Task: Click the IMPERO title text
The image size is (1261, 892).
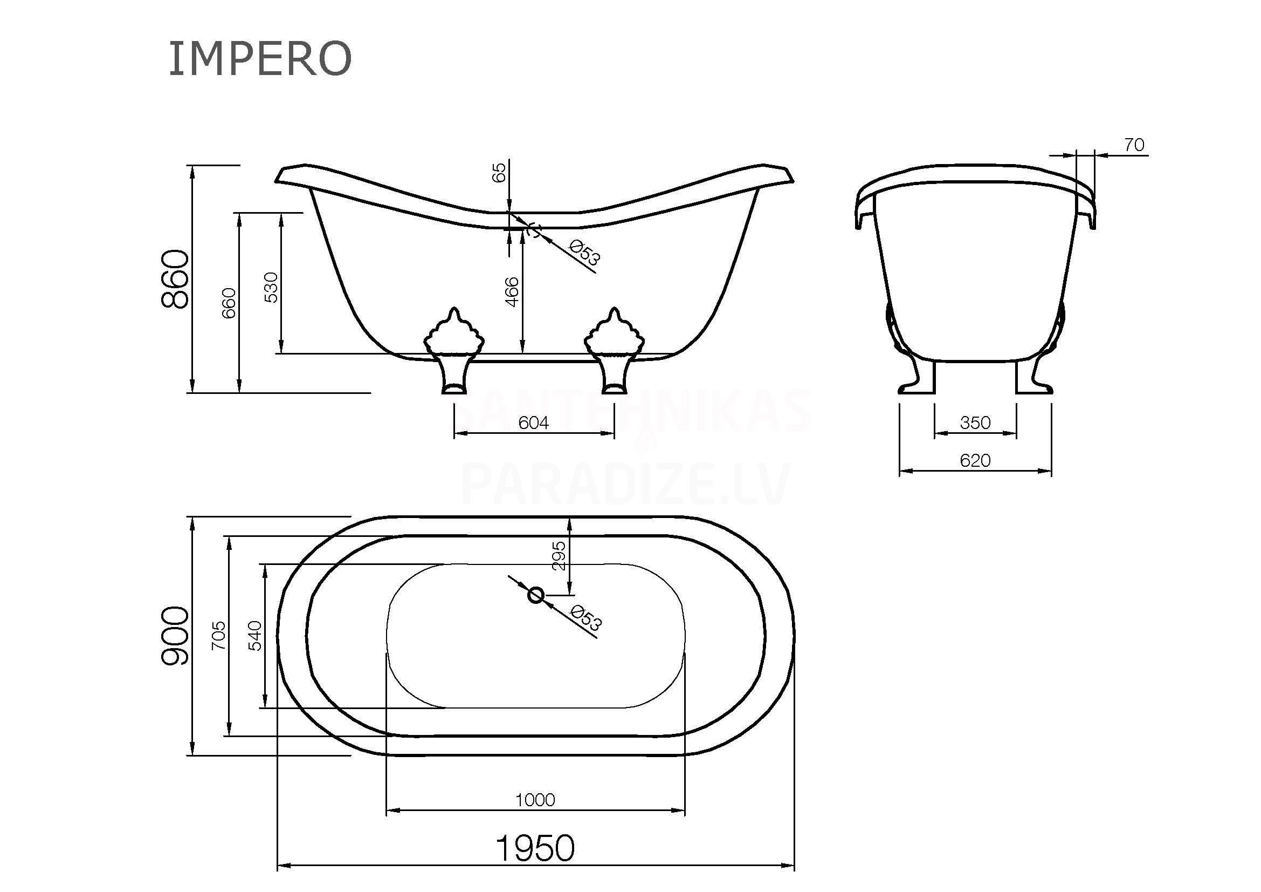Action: (x=260, y=58)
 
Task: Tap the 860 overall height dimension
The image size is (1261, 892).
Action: (x=176, y=278)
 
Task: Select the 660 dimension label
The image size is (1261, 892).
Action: (x=229, y=303)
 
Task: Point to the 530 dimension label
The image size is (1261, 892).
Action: (x=271, y=287)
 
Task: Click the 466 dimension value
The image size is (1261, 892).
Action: (x=511, y=292)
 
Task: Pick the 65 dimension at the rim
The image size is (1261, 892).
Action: (x=499, y=173)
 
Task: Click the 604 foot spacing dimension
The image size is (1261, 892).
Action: (x=533, y=423)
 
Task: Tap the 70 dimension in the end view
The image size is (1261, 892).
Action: (x=1134, y=145)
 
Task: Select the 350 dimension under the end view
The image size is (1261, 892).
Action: (x=975, y=423)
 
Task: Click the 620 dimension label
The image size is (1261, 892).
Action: (x=975, y=460)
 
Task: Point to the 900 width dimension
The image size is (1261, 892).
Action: (x=175, y=636)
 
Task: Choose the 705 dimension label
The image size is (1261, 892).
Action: (x=218, y=635)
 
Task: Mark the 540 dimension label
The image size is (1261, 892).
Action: (x=256, y=635)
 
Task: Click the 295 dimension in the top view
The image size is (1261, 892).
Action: (x=559, y=556)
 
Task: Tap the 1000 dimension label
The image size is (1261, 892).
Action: (x=535, y=800)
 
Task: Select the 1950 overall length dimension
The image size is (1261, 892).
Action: (x=535, y=848)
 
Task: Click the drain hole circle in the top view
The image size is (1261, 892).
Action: (x=535, y=595)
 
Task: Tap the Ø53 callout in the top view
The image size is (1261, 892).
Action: (x=585, y=618)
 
